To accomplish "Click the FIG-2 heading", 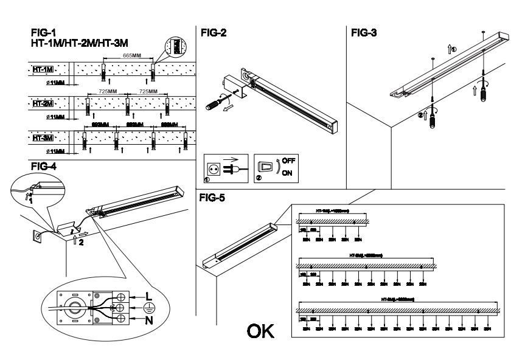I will (214, 33).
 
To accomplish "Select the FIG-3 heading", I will (364, 33).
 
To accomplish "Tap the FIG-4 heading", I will (44, 165).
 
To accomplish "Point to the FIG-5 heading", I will (214, 198).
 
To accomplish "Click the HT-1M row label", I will (42, 69).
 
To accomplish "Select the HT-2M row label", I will (43, 104).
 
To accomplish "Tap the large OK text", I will (260, 331).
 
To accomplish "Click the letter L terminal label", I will (147, 295).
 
